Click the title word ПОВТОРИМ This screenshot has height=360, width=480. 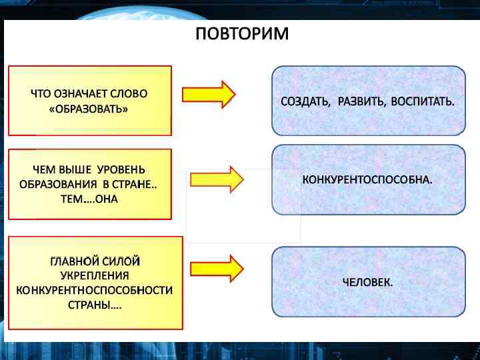(242, 33)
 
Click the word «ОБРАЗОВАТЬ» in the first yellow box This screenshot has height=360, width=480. (89, 108)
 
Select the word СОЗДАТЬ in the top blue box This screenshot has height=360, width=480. (305, 102)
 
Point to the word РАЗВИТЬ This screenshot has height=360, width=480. (361, 102)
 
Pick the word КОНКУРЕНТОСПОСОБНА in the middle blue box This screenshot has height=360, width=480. (366, 180)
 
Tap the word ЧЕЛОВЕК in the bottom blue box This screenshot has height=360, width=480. (366, 282)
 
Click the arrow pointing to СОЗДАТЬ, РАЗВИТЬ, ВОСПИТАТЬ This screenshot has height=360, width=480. (208, 95)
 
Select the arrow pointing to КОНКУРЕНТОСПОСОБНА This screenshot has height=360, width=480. (217, 179)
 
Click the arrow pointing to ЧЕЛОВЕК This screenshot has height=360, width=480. (217, 268)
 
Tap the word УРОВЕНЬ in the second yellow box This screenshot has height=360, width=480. (122, 169)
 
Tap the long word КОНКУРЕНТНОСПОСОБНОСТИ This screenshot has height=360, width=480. (94, 291)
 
